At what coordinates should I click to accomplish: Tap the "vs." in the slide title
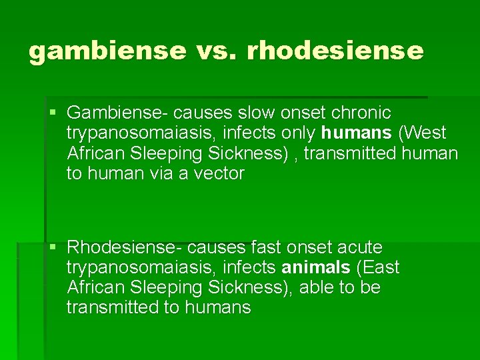tap(211, 51)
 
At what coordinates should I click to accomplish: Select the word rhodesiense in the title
tap(335, 51)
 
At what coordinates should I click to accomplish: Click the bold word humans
tap(356, 133)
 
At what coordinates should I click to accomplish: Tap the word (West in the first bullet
tap(422, 133)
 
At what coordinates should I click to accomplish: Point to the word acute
tap(359, 247)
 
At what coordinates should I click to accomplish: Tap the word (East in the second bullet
tap(378, 268)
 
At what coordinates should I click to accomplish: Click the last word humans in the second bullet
tap(217, 307)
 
